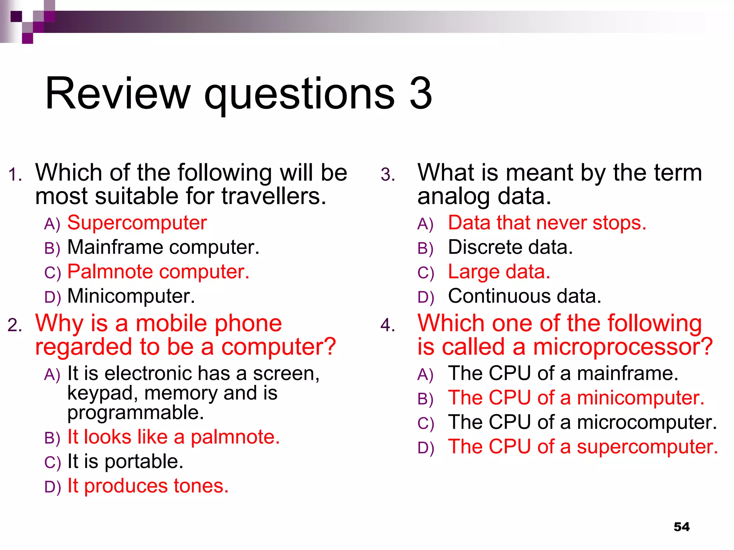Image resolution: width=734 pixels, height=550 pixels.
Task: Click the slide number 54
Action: click(681, 527)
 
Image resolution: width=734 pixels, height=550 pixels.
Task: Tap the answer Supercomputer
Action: click(137, 223)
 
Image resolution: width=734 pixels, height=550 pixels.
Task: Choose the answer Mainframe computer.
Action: click(163, 247)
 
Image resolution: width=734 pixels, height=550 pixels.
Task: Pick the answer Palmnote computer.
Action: click(158, 271)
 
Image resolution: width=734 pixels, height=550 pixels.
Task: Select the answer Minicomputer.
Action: click(131, 296)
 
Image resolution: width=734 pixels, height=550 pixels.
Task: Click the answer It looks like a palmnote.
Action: click(173, 437)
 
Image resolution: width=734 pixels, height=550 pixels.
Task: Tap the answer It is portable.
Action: click(125, 461)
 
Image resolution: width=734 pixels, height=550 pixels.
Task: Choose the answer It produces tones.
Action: click(148, 486)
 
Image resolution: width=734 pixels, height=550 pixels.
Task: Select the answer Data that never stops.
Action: click(547, 223)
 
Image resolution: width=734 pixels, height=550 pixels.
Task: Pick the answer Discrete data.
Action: click(510, 247)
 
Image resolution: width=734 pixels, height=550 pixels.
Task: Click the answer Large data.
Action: click(499, 271)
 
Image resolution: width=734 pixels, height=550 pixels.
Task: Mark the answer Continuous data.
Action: click(524, 296)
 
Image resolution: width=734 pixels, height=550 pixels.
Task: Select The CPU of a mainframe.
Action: click(563, 373)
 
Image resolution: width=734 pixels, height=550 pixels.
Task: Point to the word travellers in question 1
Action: click(274, 196)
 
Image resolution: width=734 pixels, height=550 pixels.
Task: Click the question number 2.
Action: click(14, 325)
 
